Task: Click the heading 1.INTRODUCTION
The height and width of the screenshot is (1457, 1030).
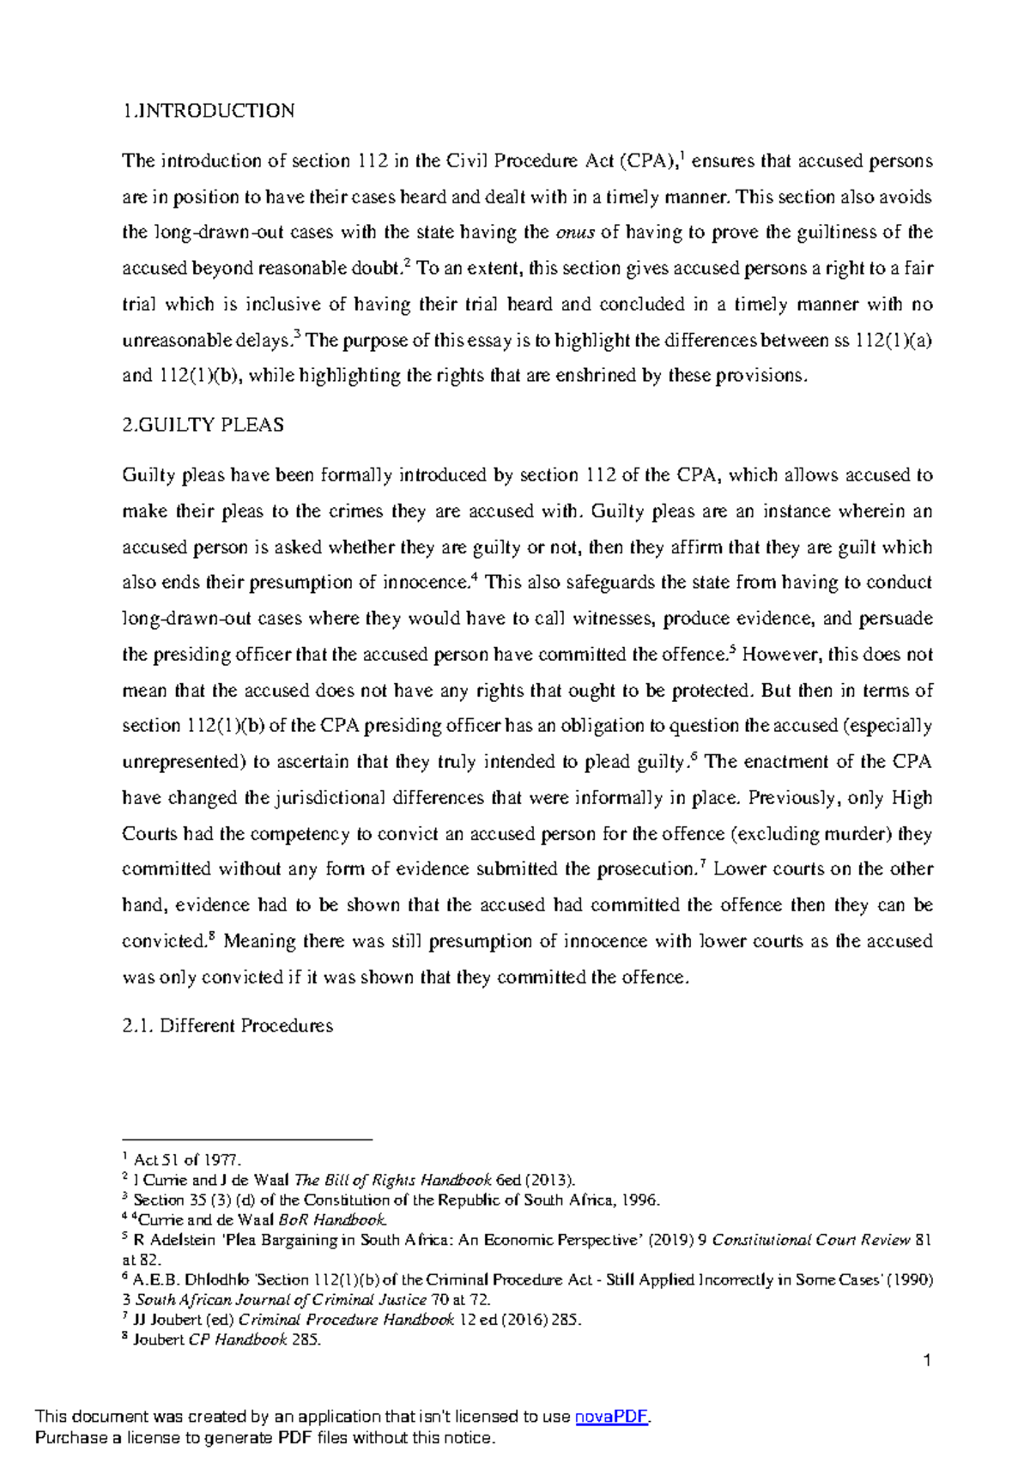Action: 209,111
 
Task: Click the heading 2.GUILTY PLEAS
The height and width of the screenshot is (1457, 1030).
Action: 203,425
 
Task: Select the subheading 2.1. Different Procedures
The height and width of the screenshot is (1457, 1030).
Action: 227,1025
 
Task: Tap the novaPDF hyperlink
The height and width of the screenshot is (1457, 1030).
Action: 611,1417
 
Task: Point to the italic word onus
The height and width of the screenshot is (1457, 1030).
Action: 575,233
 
